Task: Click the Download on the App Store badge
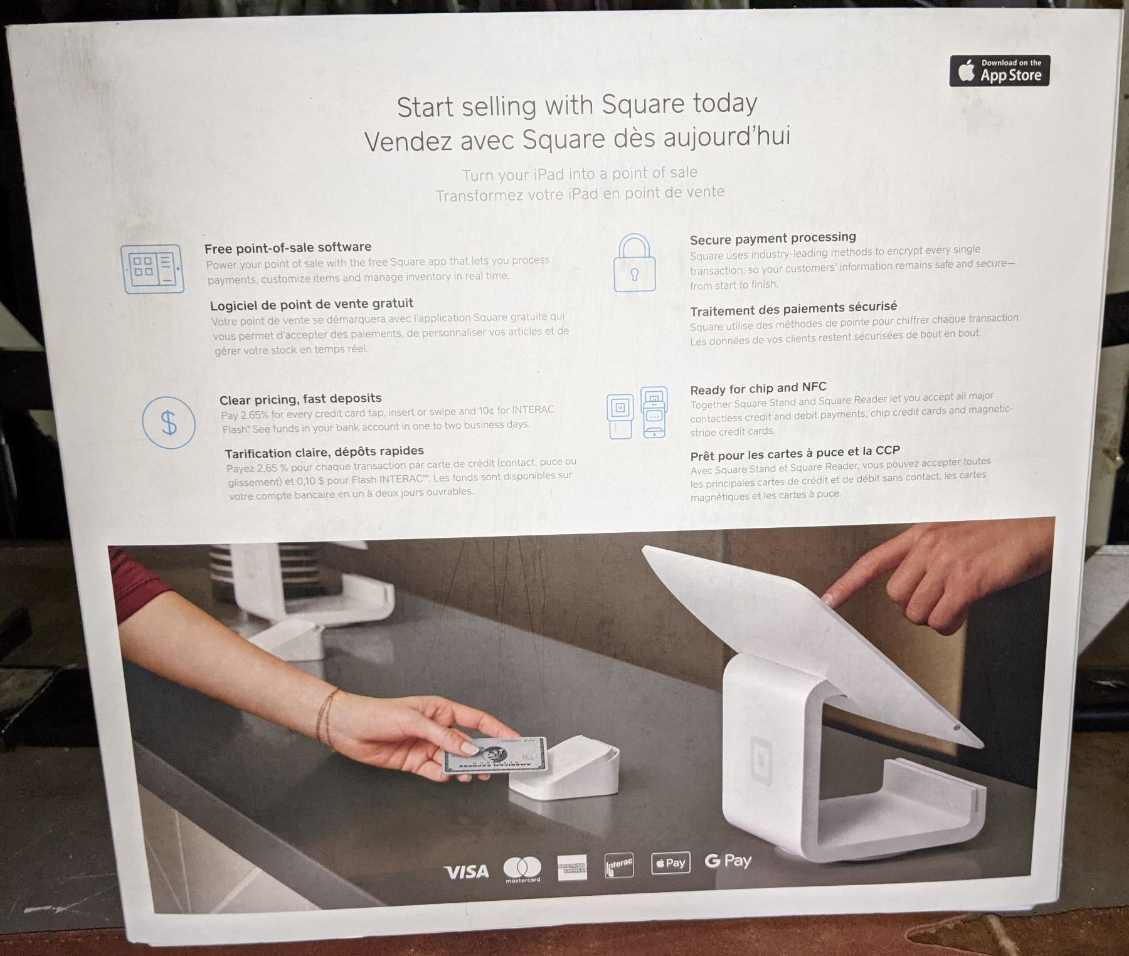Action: pos(999,71)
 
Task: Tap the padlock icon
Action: pos(634,263)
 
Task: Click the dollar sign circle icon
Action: pos(169,423)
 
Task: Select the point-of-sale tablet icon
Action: pos(152,268)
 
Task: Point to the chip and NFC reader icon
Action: pos(637,412)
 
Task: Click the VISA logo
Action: pos(466,872)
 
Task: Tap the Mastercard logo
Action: pos(522,869)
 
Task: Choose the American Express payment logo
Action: pos(572,867)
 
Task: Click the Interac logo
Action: pos(619,866)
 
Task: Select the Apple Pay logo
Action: pos(671,863)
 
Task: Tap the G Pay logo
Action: pos(728,861)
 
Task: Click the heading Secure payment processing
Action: pos(773,238)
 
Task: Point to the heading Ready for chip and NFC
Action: pos(758,388)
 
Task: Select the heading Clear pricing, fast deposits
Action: pos(300,399)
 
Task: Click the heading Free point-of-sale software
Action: pos(288,248)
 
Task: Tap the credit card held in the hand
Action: pos(494,755)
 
